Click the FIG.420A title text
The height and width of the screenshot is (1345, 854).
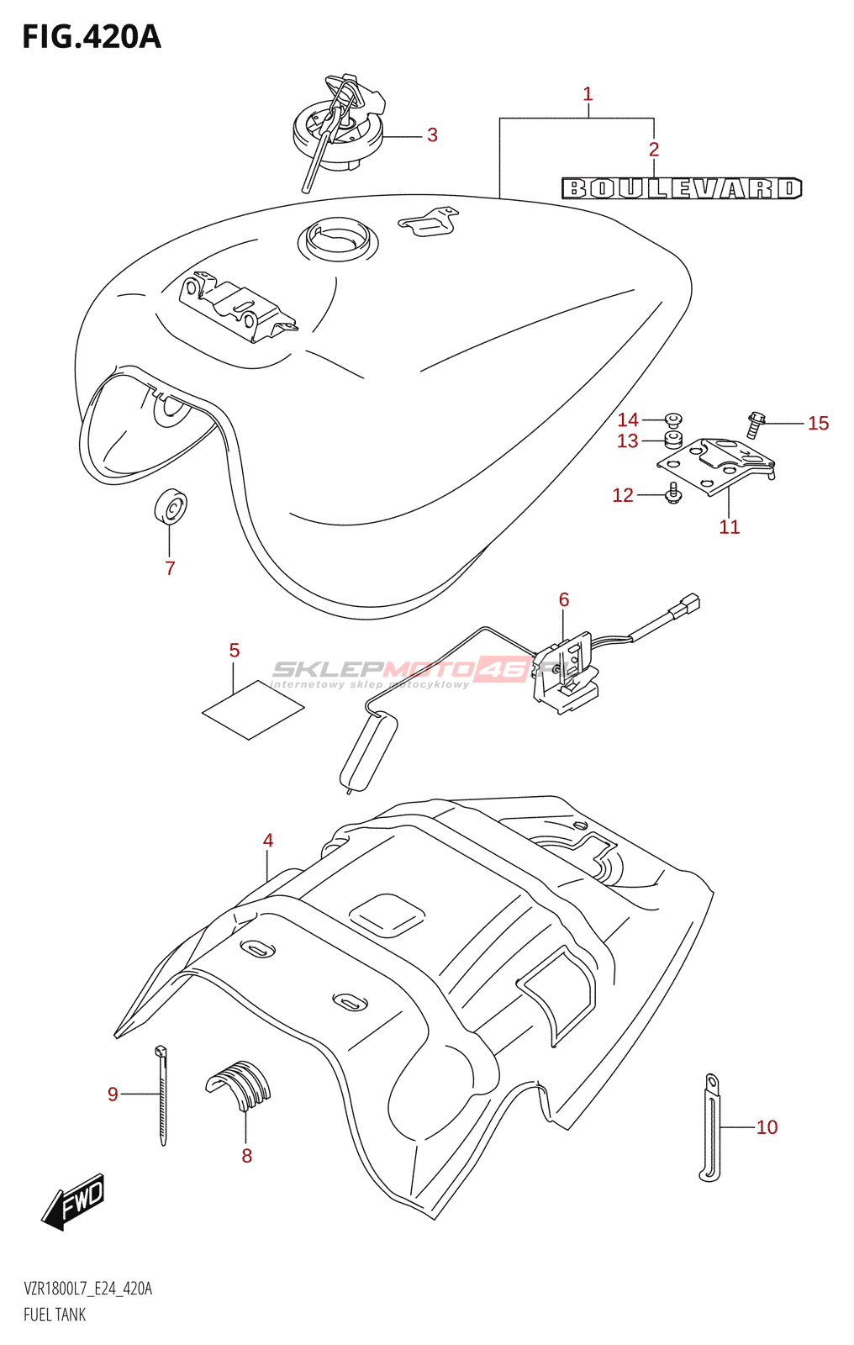tap(91, 37)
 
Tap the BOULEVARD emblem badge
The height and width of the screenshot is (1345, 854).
tap(682, 188)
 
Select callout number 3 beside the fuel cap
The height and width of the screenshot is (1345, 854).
tap(432, 135)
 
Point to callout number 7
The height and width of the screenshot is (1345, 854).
tap(170, 568)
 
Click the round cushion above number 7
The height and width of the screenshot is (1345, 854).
tap(171, 506)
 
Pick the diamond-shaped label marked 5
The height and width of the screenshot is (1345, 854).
tap(253, 710)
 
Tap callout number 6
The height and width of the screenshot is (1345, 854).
tap(564, 599)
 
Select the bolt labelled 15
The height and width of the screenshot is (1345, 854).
tap(755, 424)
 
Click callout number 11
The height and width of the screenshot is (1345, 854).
tap(729, 527)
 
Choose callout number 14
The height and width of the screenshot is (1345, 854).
tap(628, 419)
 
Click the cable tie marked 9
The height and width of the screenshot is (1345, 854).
tap(161, 1094)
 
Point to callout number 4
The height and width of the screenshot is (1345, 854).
tap(268, 841)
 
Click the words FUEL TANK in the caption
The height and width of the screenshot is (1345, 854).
tap(55, 1315)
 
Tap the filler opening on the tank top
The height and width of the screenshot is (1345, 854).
tap(337, 239)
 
